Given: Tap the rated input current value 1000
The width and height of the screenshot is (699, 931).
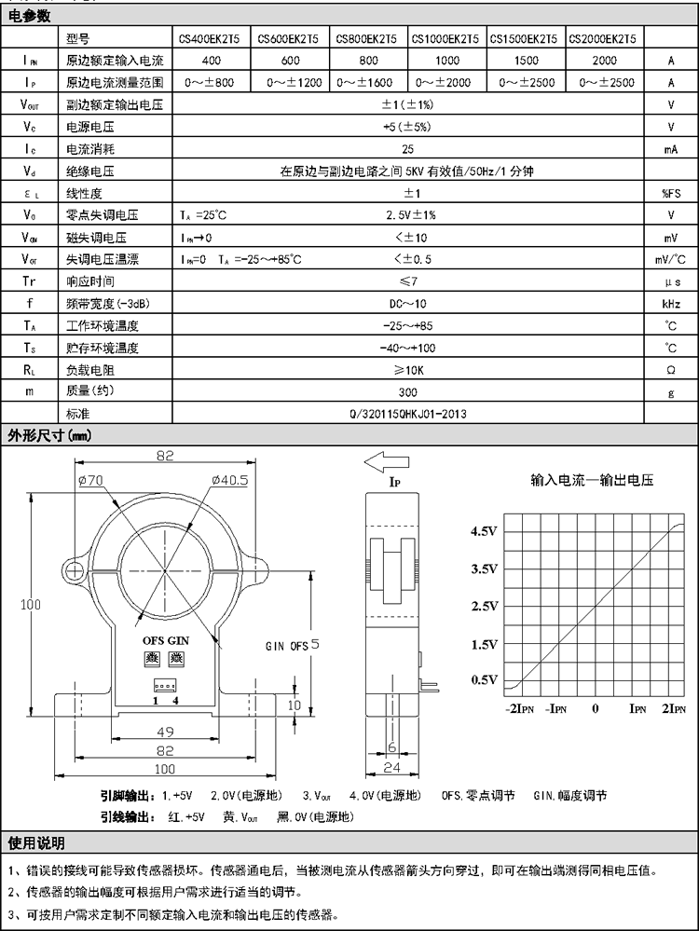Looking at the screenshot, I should point(446,61).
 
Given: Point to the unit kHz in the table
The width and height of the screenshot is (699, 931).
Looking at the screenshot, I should point(671,304).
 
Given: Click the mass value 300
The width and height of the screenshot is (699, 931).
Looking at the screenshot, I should point(408,391).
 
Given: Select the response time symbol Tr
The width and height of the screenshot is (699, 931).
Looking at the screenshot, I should point(30,281).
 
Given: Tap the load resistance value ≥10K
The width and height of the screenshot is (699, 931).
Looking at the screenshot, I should point(408,370).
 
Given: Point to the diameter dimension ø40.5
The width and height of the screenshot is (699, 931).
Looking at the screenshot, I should point(230,480).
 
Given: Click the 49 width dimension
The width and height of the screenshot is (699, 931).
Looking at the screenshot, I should point(165,732).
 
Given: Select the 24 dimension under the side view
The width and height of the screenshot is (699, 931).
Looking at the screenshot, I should point(392,769).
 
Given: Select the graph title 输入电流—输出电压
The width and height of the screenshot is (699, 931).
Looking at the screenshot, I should point(592,481).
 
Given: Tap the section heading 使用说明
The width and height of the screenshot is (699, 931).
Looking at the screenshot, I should point(36,843).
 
